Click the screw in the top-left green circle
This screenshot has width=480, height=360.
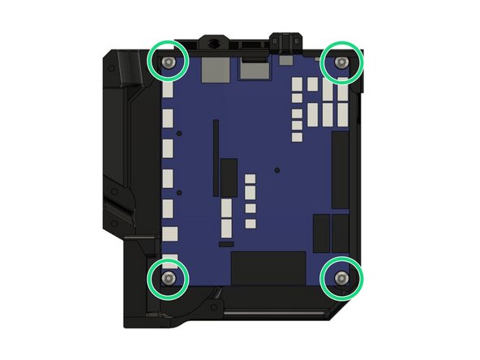[x=168, y=62]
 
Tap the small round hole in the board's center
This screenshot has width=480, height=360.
[x=277, y=170]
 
